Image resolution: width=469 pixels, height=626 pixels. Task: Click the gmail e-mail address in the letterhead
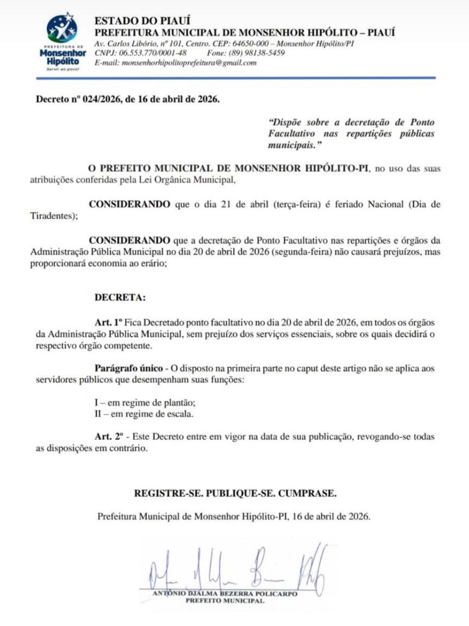(x=189, y=63)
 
